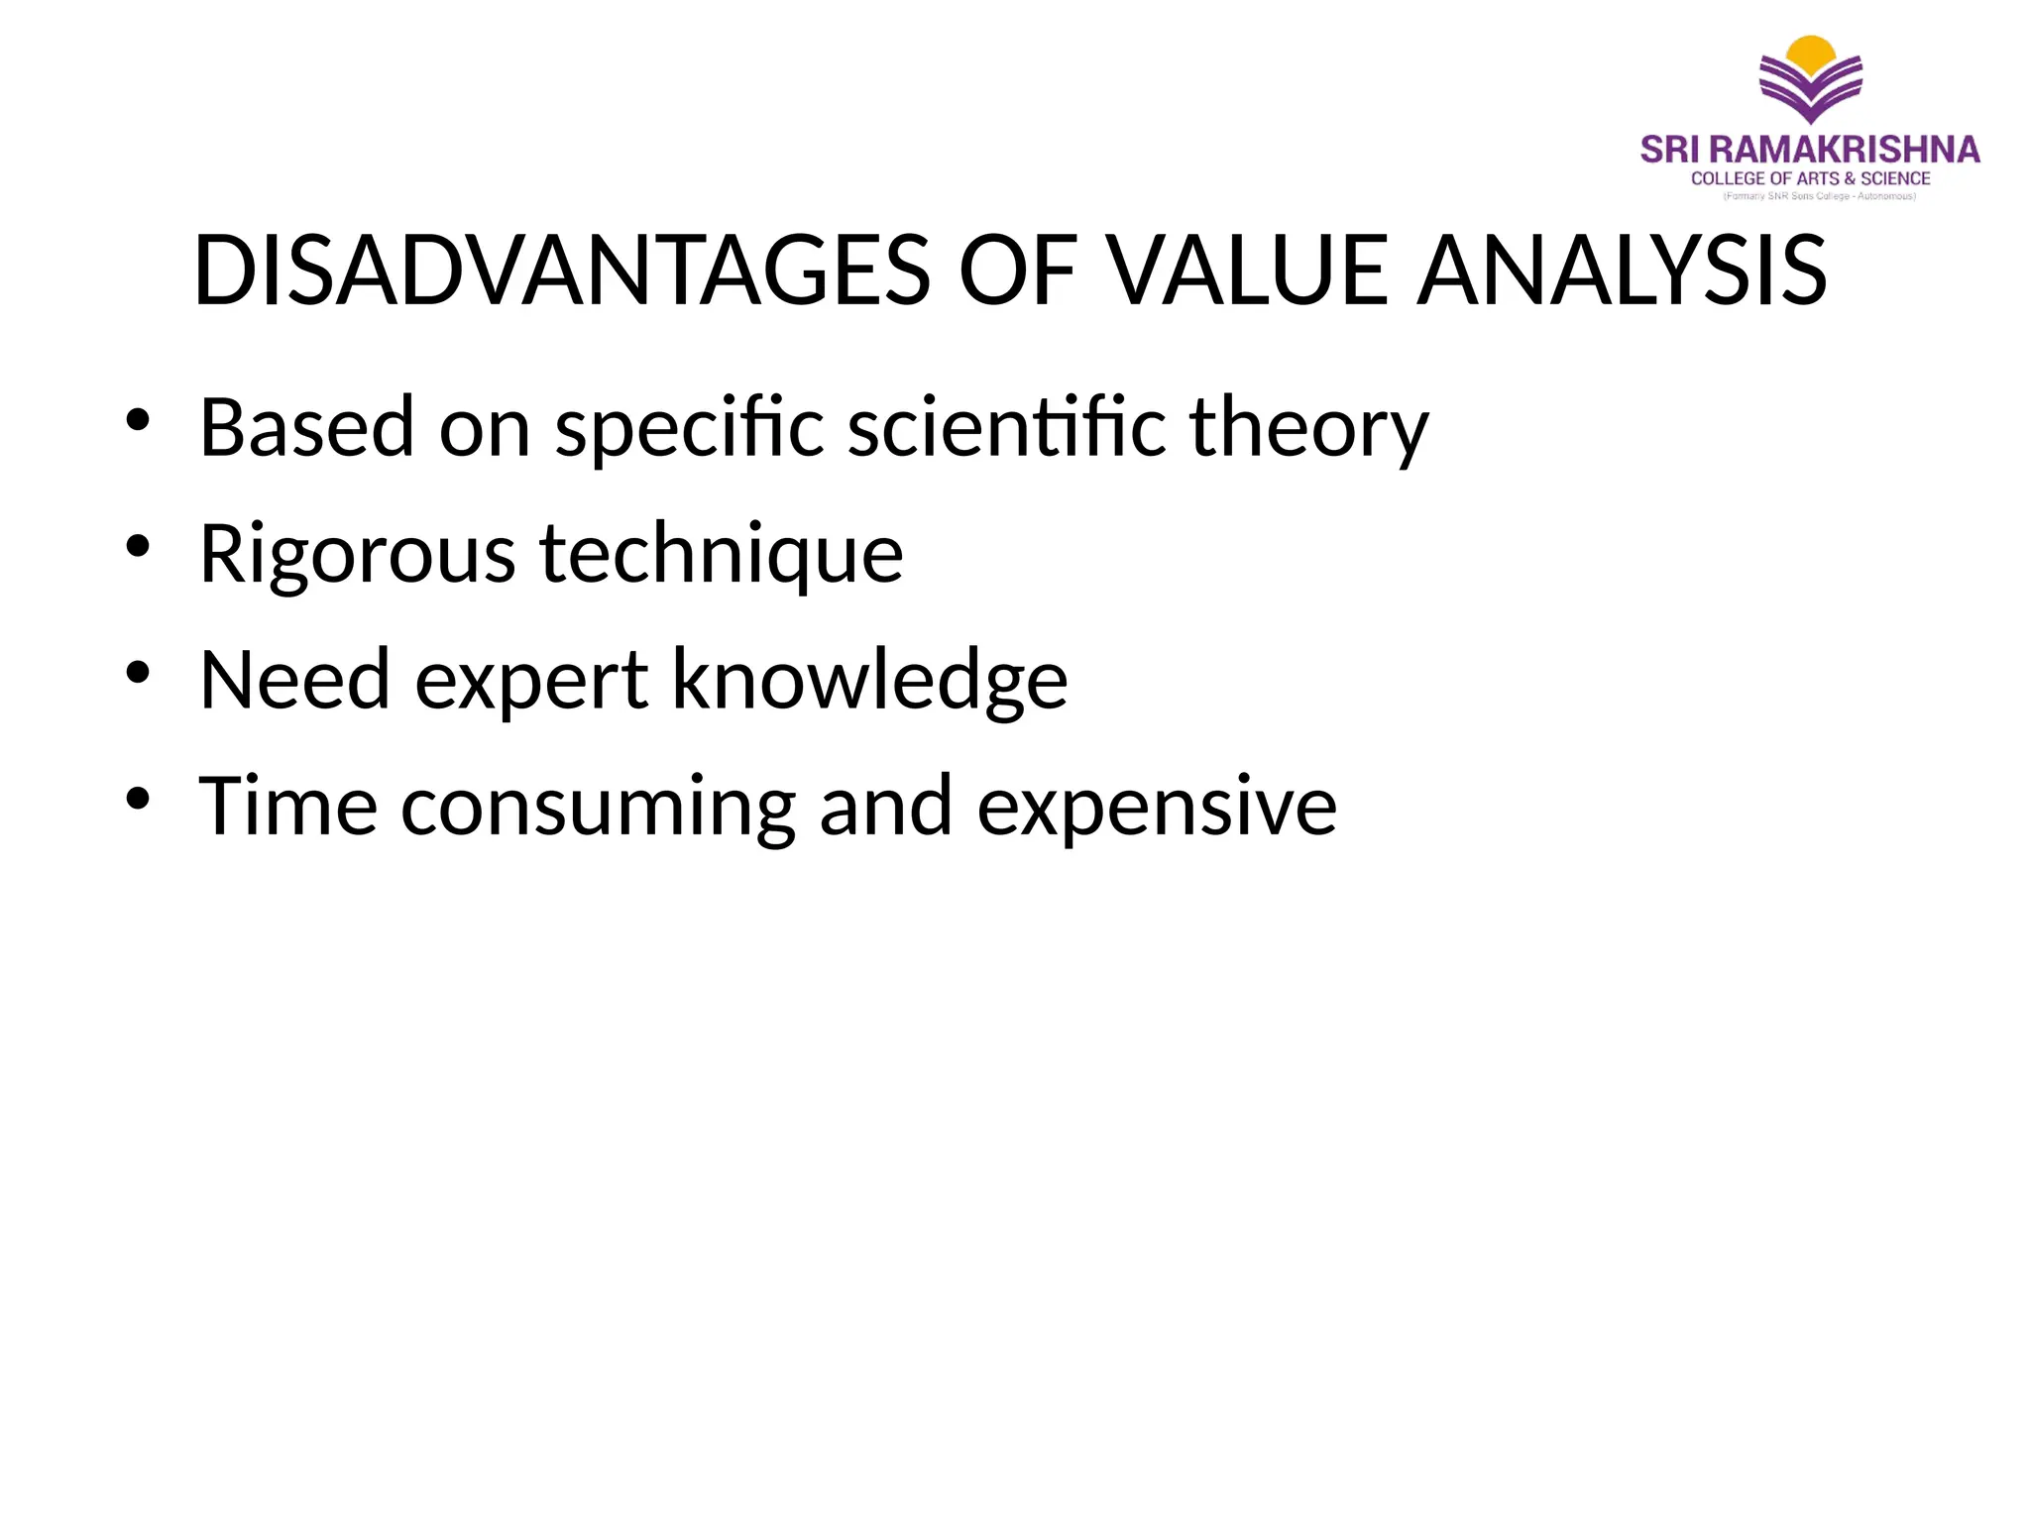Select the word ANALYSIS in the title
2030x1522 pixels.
click(x=1622, y=271)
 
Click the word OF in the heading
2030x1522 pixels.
click(x=1017, y=271)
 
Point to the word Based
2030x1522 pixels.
click(x=306, y=427)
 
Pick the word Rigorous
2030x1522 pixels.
click(x=357, y=555)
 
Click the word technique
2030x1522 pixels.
click(x=721, y=555)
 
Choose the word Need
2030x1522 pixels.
click(x=294, y=680)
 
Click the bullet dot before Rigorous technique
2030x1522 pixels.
click(x=138, y=546)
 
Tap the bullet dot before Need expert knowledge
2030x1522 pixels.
click(x=138, y=672)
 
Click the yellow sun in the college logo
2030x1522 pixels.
click(x=1810, y=52)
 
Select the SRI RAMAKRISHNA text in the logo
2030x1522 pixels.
click(x=1810, y=150)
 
